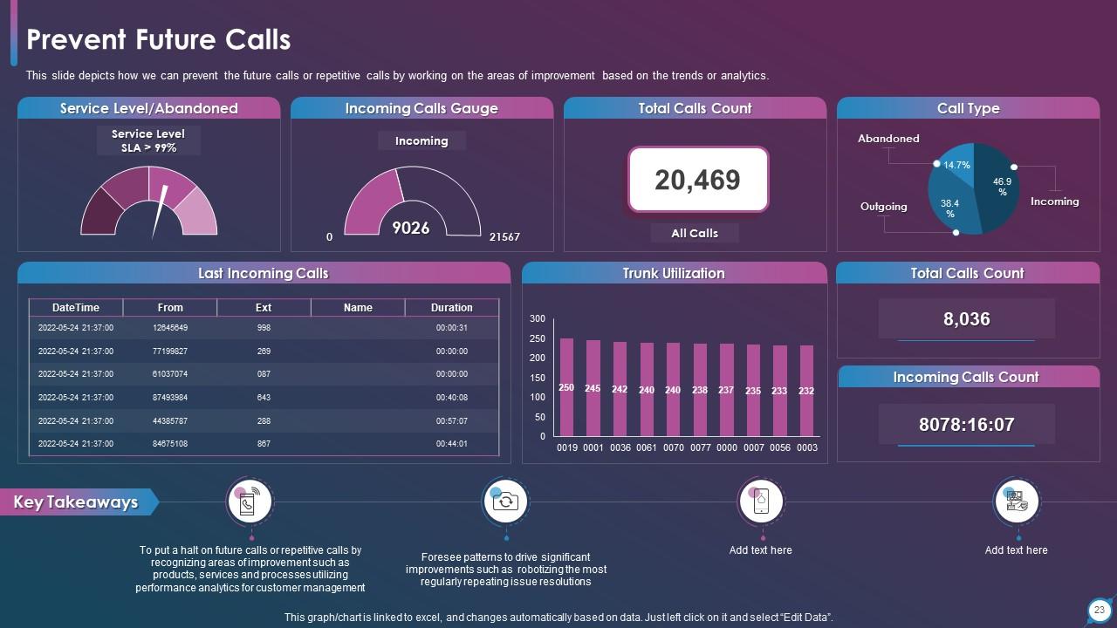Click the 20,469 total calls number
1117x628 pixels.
coord(697,180)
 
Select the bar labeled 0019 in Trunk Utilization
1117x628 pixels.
coord(566,387)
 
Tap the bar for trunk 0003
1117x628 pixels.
coord(806,391)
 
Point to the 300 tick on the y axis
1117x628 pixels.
coord(538,319)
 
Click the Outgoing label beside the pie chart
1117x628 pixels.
coord(883,207)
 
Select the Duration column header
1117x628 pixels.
coord(451,308)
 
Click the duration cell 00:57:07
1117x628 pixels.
coord(451,420)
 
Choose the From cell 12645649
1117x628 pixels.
coord(170,328)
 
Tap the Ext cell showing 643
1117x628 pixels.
coord(264,398)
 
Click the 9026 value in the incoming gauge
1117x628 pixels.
coord(410,228)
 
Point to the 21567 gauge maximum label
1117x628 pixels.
coord(504,237)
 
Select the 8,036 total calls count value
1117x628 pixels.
coord(967,319)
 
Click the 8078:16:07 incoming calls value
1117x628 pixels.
coord(966,425)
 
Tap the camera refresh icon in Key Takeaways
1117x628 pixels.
coord(505,502)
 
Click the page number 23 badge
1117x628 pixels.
coord(1099,610)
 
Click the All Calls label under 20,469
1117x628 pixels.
coord(695,233)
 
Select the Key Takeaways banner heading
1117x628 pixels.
coord(77,502)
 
